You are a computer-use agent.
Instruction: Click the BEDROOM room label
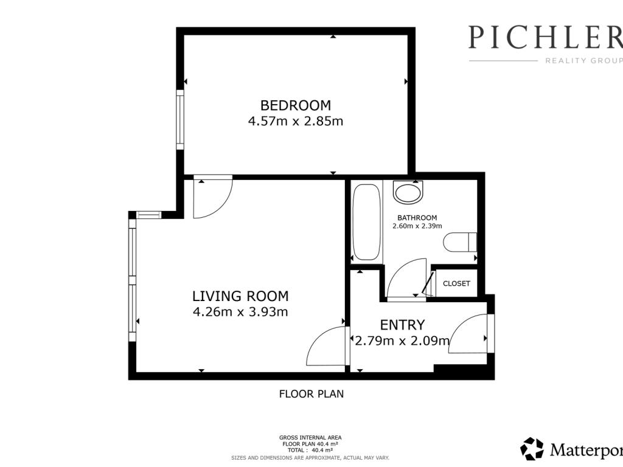pyautogui.click(x=295, y=105)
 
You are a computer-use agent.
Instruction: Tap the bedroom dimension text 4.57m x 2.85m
pyautogui.click(x=295, y=121)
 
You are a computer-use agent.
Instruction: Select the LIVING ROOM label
pyautogui.click(x=240, y=296)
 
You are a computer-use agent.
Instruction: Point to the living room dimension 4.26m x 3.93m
pyautogui.click(x=240, y=312)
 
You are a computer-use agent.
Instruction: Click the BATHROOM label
pyautogui.click(x=417, y=218)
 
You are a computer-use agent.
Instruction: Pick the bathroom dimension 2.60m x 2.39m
pyautogui.click(x=417, y=226)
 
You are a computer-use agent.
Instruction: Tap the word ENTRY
pyautogui.click(x=403, y=325)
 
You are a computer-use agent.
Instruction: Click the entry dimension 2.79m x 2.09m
pyautogui.click(x=403, y=341)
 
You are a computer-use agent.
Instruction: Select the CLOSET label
pyautogui.click(x=456, y=283)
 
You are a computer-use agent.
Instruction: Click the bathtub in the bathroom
pyautogui.click(x=366, y=222)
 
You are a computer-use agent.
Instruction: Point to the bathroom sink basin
pyautogui.click(x=408, y=192)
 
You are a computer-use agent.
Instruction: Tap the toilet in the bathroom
pyautogui.click(x=460, y=242)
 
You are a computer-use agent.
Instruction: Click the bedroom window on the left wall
pyautogui.click(x=180, y=120)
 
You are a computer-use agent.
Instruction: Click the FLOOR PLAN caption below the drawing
pyautogui.click(x=311, y=394)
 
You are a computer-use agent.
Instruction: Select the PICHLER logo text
pyautogui.click(x=546, y=37)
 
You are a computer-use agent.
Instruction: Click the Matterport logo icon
pyautogui.click(x=532, y=449)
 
